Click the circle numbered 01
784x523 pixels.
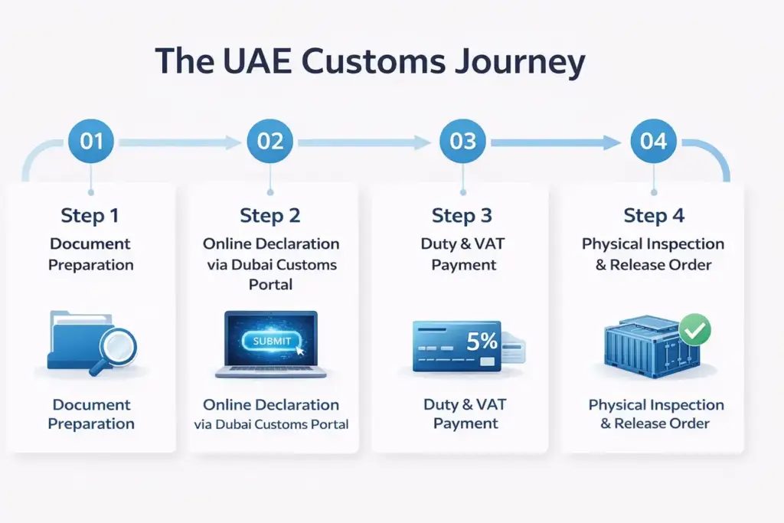point(91,142)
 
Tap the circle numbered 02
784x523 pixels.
point(270,142)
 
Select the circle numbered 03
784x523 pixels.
point(462,142)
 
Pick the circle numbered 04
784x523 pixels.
point(653,142)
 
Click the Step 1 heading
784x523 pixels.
point(90,216)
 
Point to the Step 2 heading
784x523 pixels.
point(270,216)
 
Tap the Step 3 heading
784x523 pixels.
point(462,216)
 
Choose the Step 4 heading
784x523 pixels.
point(653,216)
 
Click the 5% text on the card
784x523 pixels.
point(482,342)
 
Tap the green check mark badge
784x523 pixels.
point(695,331)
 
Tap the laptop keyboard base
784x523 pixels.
point(271,371)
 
